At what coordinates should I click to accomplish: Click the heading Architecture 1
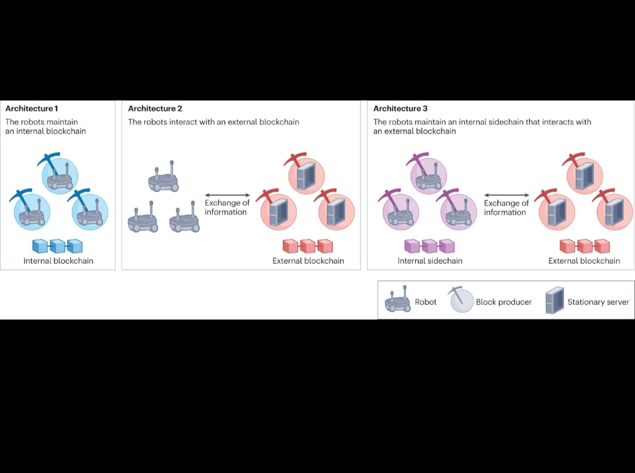(x=32, y=109)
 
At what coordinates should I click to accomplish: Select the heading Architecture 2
(x=155, y=109)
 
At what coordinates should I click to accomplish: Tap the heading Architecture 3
(x=400, y=109)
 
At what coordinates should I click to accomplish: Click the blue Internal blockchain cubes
(x=58, y=246)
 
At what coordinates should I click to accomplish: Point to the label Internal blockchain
(x=58, y=261)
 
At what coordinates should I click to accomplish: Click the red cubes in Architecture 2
(x=308, y=246)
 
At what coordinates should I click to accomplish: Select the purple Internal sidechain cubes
(x=430, y=246)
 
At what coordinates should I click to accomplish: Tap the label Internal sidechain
(x=430, y=261)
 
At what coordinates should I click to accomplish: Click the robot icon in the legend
(x=397, y=301)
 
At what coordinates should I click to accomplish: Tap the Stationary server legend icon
(x=554, y=301)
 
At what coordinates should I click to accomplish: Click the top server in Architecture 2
(x=306, y=176)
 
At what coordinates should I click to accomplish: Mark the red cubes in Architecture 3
(x=584, y=246)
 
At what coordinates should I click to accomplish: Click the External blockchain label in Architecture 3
(x=584, y=261)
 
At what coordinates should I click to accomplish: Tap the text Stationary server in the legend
(x=598, y=302)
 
